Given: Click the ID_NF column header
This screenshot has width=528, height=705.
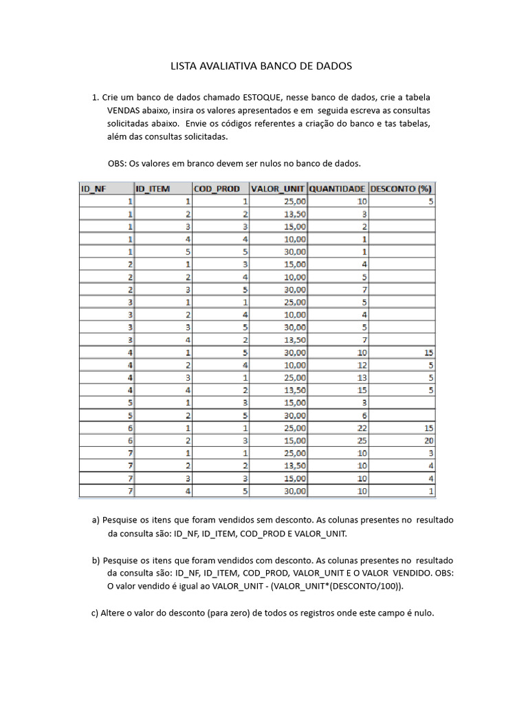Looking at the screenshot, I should pos(94,189).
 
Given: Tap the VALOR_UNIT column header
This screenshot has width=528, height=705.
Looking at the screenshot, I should pos(278,189).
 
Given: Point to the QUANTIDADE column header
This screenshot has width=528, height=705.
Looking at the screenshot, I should pos(338,189).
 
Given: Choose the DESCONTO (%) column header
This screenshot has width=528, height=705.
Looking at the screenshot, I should pos(402,189).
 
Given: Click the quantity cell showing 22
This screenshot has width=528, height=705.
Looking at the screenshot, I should pos(361,428).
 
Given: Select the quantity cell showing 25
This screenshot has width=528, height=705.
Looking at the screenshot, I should pos(361,440).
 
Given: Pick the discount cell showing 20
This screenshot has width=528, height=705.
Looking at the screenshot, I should pos(427,440).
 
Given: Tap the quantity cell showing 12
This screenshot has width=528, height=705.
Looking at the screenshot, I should pos(361,365).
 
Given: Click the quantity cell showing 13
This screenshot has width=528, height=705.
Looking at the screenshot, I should pos(361,377).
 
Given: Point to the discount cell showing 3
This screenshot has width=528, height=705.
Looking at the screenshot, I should pos(430,453).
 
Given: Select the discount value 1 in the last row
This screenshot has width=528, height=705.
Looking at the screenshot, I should pos(430,491).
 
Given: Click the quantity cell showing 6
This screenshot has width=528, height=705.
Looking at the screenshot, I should pos(364,415).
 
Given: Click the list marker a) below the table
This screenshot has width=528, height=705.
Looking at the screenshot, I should pos(96,520).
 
